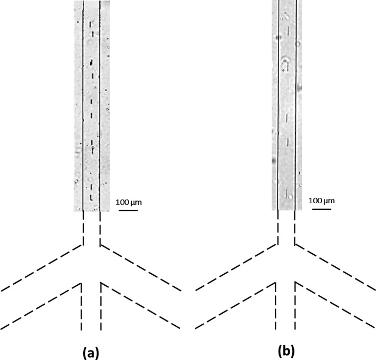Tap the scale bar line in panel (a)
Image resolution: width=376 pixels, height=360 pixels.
[128, 210]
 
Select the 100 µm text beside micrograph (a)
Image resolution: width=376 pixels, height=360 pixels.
[129, 202]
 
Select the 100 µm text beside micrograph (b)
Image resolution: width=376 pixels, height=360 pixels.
[321, 201]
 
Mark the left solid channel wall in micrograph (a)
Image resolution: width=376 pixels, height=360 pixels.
[84, 105]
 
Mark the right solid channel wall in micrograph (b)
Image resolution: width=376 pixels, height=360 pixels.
[295, 105]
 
